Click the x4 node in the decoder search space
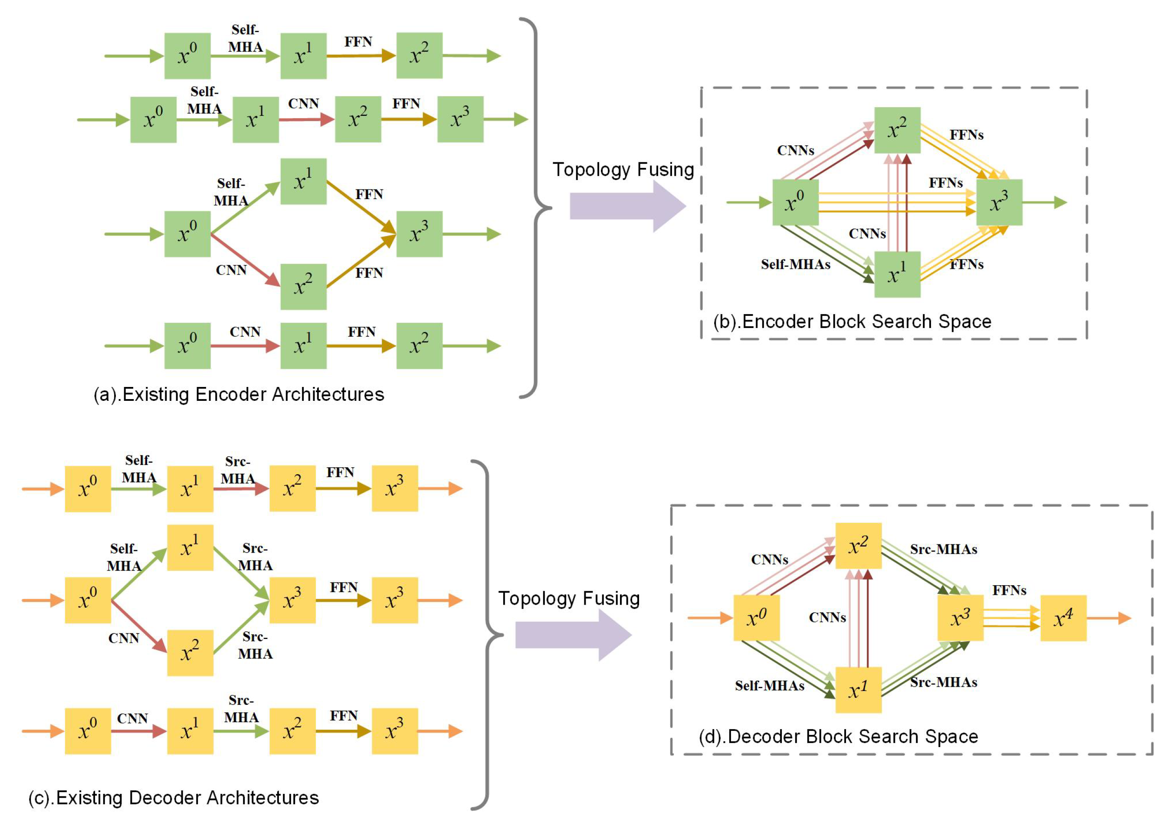point(1063,618)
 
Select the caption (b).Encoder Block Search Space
point(852,321)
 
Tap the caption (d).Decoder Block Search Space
point(838,737)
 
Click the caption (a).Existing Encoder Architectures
point(239,394)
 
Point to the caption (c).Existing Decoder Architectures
point(174,798)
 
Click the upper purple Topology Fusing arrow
point(627,206)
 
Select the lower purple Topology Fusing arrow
point(573,635)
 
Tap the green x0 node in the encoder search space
point(795,202)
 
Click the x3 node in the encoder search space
point(999,202)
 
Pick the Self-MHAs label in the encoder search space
point(795,265)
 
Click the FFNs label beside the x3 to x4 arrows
point(1009,590)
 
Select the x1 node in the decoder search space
point(858,690)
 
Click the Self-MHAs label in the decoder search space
point(769,685)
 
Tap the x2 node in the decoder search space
point(858,546)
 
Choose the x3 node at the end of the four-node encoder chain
point(460,119)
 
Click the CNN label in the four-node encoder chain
point(303,104)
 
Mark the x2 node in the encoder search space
point(897,130)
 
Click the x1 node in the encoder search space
point(897,275)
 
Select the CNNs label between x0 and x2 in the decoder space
point(769,560)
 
